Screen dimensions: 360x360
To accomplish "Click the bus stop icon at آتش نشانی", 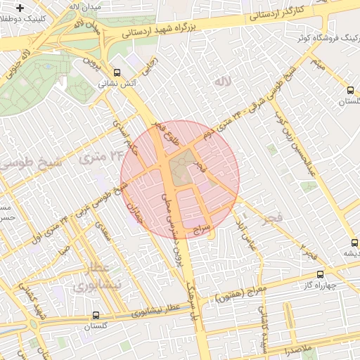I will [117, 72].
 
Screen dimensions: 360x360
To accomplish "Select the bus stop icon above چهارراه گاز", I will [321, 274].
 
